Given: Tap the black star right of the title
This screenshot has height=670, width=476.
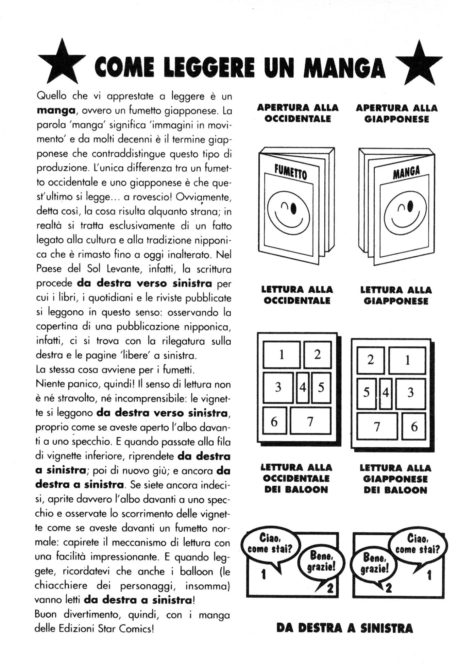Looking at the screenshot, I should [419, 65].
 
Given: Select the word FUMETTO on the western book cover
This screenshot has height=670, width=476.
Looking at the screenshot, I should [291, 172].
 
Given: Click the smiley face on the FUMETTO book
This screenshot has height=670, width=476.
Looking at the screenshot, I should [288, 212].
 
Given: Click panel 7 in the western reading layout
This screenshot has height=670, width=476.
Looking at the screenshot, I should [310, 421].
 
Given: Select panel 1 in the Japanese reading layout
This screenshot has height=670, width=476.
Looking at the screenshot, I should [407, 360].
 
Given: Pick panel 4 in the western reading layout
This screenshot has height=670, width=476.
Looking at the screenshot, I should [303, 387].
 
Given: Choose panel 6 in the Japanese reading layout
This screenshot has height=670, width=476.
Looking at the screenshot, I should [414, 426].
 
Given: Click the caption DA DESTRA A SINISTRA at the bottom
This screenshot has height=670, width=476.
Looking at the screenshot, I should [344, 628].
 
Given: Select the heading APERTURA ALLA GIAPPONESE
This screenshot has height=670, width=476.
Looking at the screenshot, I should [396, 114].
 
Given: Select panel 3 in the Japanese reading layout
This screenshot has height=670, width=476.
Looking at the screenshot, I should [410, 393].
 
